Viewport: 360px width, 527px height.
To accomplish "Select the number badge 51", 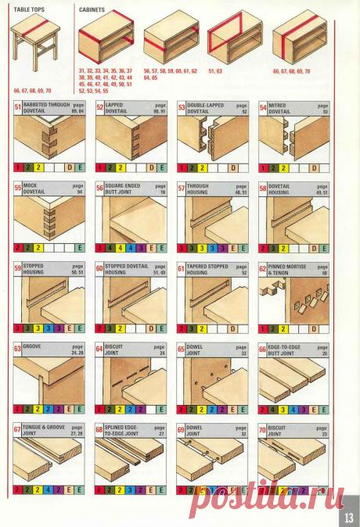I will click(x=18, y=107).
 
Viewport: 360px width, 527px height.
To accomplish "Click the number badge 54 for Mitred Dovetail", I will click(x=263, y=107).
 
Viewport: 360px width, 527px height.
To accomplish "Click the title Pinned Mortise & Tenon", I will click(x=286, y=270).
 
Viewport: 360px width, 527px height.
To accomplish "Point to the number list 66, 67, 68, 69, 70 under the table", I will click(x=31, y=91).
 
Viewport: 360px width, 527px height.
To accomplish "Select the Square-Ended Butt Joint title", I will click(x=124, y=188).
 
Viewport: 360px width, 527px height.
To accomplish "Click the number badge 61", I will click(x=181, y=270).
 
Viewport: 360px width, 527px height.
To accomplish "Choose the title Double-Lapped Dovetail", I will click(x=205, y=107).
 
